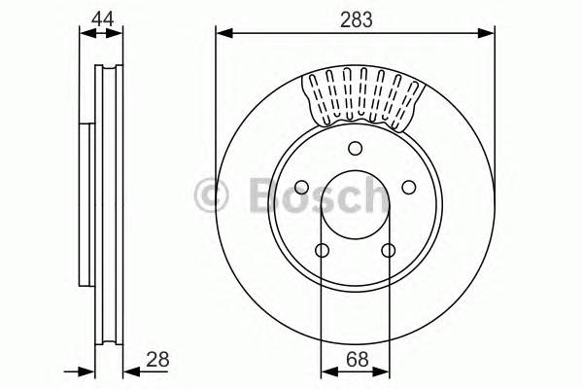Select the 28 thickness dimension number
(x=156, y=359)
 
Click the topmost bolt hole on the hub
(x=355, y=148)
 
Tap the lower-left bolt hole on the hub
(x=322, y=251)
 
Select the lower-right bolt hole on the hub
(x=388, y=251)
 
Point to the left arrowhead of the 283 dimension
(x=222, y=35)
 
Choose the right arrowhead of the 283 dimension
(x=489, y=35)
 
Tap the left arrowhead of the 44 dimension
(x=84, y=35)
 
